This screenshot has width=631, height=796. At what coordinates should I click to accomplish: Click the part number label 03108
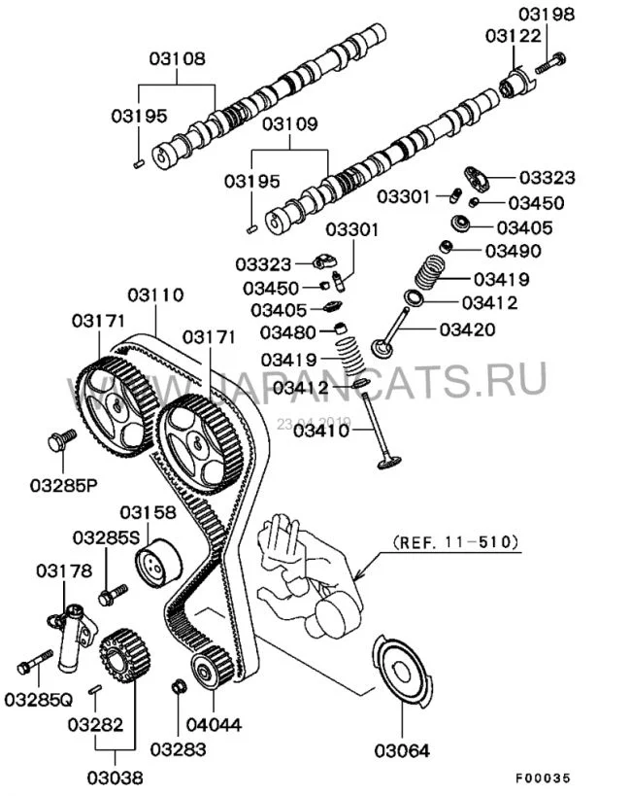[177, 58]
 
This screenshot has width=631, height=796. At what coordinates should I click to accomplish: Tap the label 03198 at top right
[546, 14]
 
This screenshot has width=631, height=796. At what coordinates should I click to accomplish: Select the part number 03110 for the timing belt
[155, 294]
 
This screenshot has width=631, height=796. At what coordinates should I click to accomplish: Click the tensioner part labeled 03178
[73, 638]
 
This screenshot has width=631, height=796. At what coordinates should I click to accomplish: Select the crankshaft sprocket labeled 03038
[117, 658]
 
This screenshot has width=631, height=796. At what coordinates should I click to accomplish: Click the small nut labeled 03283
[178, 688]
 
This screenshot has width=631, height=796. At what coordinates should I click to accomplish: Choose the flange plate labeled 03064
[402, 672]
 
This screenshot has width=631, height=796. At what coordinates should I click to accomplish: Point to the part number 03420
[467, 329]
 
